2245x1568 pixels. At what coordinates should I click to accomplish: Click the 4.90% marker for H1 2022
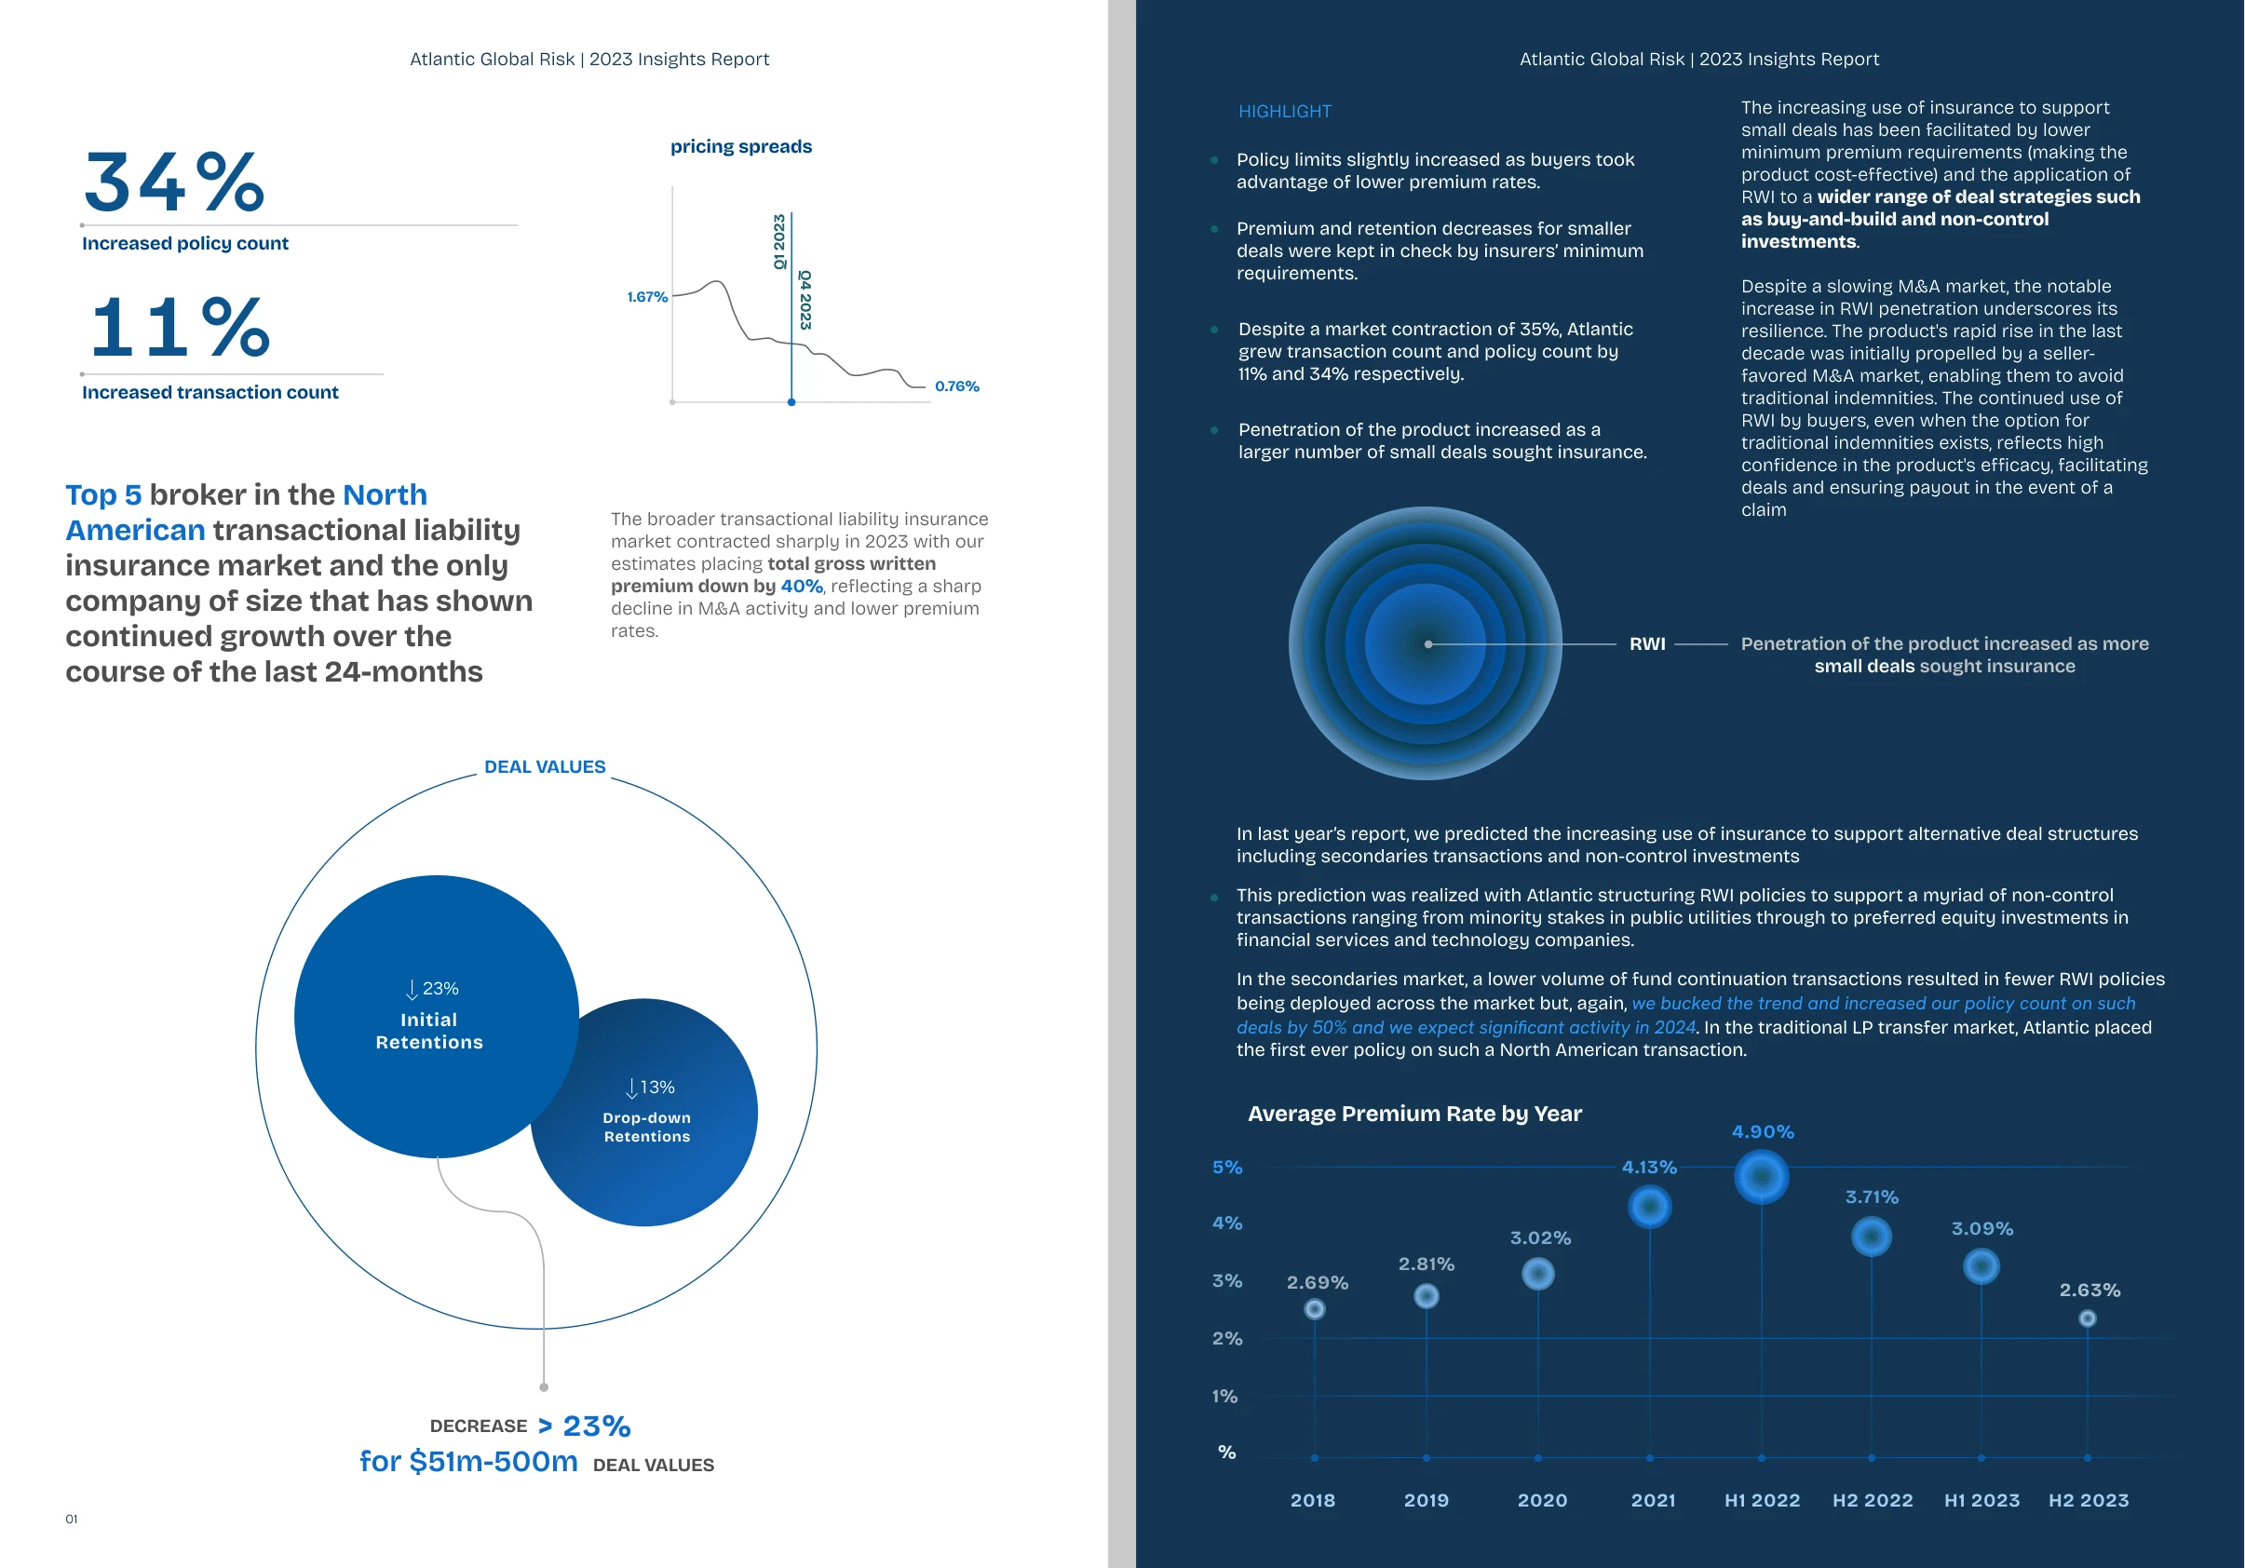[x=1761, y=1176]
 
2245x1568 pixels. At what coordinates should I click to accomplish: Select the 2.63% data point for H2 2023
[x=2087, y=1318]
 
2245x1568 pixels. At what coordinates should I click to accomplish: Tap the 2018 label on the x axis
[x=1312, y=1500]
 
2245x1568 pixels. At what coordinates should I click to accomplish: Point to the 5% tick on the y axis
[x=1227, y=1168]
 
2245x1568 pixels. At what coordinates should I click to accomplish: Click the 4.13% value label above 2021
[x=1648, y=1168]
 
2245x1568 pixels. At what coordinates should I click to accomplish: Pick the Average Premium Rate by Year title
[x=1413, y=1114]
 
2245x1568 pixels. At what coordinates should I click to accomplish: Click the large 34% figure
[x=174, y=182]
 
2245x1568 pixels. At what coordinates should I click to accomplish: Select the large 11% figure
[x=180, y=328]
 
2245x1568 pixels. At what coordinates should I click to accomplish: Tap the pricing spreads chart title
[x=740, y=146]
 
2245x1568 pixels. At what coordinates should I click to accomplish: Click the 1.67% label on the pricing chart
[x=646, y=296]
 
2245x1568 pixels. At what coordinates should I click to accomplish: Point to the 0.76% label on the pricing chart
[x=956, y=386]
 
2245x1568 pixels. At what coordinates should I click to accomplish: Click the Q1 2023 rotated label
[x=779, y=241]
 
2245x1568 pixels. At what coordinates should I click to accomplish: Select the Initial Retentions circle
[x=430, y=1017]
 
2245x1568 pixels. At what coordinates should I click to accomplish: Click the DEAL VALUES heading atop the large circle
[x=545, y=766]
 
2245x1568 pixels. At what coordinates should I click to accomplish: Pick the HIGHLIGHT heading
[x=1284, y=112]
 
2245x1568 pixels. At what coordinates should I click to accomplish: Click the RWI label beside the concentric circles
[x=1646, y=643]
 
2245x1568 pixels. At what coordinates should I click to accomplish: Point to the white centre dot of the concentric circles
[x=1427, y=644]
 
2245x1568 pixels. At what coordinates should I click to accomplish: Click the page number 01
[x=72, y=1518]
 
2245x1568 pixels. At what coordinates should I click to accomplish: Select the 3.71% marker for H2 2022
[x=1871, y=1237]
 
